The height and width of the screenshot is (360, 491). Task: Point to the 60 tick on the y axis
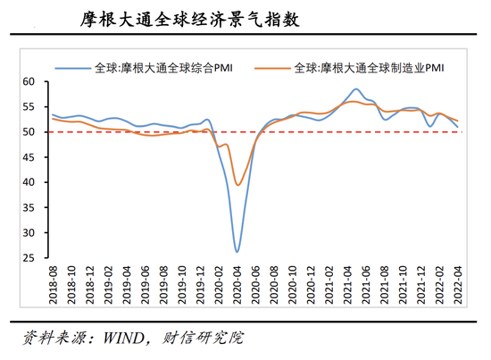pyautogui.click(x=29, y=81)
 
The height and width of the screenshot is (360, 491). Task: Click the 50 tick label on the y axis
pyautogui.click(x=29, y=132)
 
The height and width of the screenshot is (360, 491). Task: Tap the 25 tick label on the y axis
pyautogui.click(x=29, y=258)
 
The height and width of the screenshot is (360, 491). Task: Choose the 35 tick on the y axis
pyautogui.click(x=29, y=207)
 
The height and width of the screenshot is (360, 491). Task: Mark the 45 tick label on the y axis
pyautogui.click(x=29, y=157)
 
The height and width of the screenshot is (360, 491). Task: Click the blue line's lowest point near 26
pyautogui.click(x=237, y=251)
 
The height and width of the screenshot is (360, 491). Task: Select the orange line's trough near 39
pyautogui.click(x=237, y=185)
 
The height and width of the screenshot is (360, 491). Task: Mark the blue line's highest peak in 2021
pyautogui.click(x=356, y=89)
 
